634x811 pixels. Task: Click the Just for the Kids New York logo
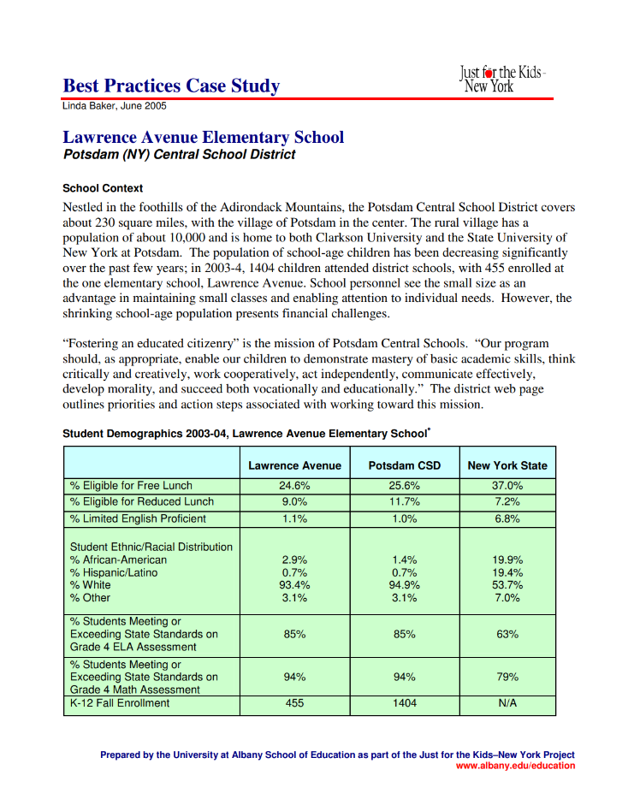coord(502,79)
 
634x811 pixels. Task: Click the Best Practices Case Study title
coord(171,86)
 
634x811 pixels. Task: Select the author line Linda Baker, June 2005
coord(115,107)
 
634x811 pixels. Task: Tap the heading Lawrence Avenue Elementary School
coord(204,137)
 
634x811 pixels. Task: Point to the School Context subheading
coord(103,188)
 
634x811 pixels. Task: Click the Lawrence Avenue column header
coord(294,465)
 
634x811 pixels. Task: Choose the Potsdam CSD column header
coord(404,465)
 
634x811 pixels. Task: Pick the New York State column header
coord(507,465)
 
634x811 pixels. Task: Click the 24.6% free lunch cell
coord(294,485)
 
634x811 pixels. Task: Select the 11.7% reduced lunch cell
coord(404,501)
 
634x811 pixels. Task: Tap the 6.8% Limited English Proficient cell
coord(507,518)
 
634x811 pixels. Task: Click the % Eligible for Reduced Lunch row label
coord(142,501)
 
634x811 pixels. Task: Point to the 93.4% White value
coord(294,585)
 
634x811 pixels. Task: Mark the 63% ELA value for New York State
coord(507,635)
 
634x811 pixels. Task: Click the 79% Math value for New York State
coord(507,677)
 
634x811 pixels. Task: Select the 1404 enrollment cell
coord(404,703)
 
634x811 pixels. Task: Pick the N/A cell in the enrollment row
coord(507,703)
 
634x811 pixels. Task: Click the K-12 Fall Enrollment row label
coord(120,703)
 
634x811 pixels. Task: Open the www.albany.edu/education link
coord(515,766)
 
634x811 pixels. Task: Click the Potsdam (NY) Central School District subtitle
coord(180,155)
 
